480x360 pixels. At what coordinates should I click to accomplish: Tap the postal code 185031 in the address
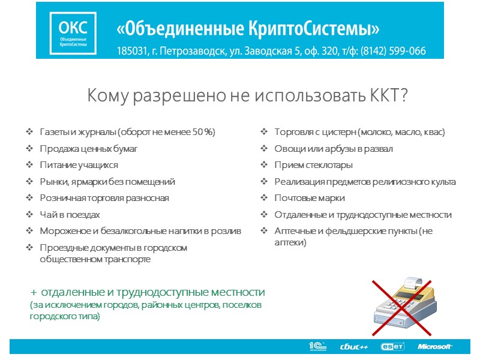[x=131, y=51]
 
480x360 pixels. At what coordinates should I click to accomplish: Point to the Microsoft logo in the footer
[x=435, y=346]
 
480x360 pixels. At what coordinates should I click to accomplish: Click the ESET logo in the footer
[x=392, y=346]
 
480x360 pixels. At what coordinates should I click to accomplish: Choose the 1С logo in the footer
[x=317, y=346]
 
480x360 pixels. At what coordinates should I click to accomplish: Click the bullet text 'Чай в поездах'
[x=70, y=214]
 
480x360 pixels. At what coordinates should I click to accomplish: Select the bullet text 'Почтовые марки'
[x=310, y=198]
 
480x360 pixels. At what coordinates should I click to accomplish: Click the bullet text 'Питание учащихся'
[x=79, y=165]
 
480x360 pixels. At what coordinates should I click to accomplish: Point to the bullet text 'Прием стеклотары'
[x=313, y=165]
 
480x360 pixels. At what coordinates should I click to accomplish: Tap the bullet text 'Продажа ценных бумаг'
[x=88, y=148]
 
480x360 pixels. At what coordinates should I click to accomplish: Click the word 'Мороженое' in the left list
[x=62, y=231]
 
